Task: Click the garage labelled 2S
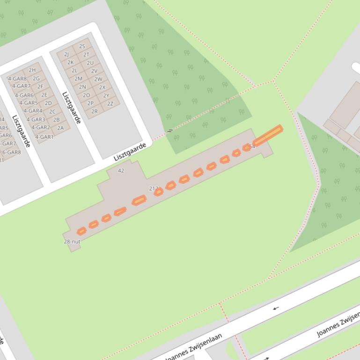[x=82, y=46]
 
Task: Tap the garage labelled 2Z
[x=110, y=104]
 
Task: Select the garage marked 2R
[x=95, y=111]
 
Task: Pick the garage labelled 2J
[x=66, y=54]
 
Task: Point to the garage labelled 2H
[x=32, y=70]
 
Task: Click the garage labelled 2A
[x=60, y=128]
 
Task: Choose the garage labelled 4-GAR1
[x=44, y=137]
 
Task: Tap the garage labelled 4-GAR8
[x=17, y=79]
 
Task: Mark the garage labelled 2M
[x=78, y=79]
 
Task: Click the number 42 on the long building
[x=121, y=171]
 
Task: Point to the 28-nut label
[x=72, y=242]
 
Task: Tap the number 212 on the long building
[x=153, y=188]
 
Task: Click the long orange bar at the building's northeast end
[x=268, y=135]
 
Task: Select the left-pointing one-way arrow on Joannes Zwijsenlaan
[x=276, y=308]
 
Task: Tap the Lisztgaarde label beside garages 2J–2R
[x=72, y=108]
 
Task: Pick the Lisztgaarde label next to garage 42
[x=130, y=152]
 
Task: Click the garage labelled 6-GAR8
[x=11, y=152]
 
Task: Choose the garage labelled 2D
[x=48, y=103]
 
